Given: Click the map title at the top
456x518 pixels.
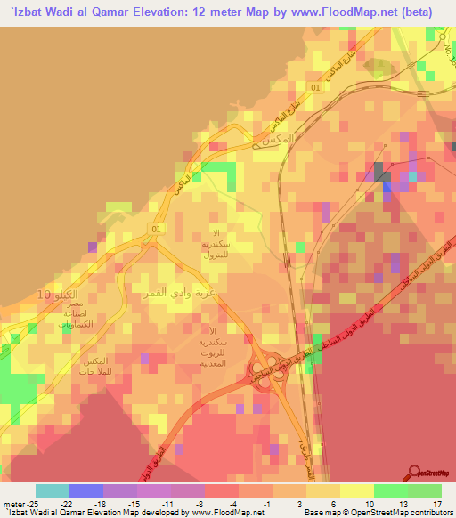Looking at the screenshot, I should coord(228,11).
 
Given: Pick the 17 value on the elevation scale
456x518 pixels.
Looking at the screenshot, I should coord(436,503).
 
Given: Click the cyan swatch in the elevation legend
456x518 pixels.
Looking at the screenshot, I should coord(52,490).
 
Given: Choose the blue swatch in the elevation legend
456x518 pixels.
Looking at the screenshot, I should coord(85,490).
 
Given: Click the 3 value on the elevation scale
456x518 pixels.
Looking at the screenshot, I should coord(305,503).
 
